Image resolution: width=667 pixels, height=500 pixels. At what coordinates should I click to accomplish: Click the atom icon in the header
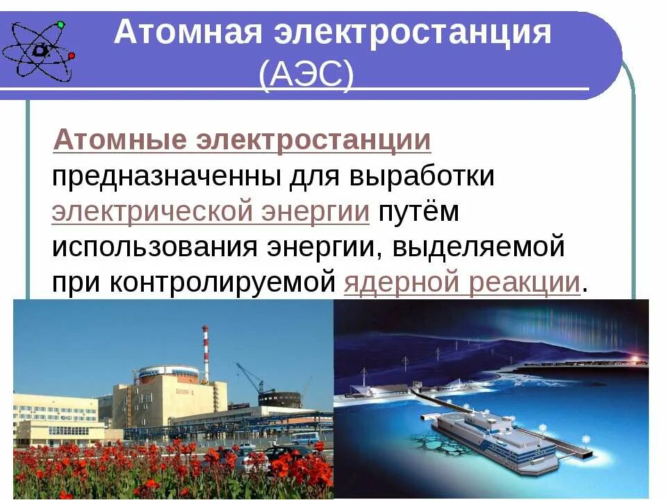(x=38, y=49)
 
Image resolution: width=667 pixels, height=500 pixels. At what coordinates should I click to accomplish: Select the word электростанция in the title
(x=409, y=33)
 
